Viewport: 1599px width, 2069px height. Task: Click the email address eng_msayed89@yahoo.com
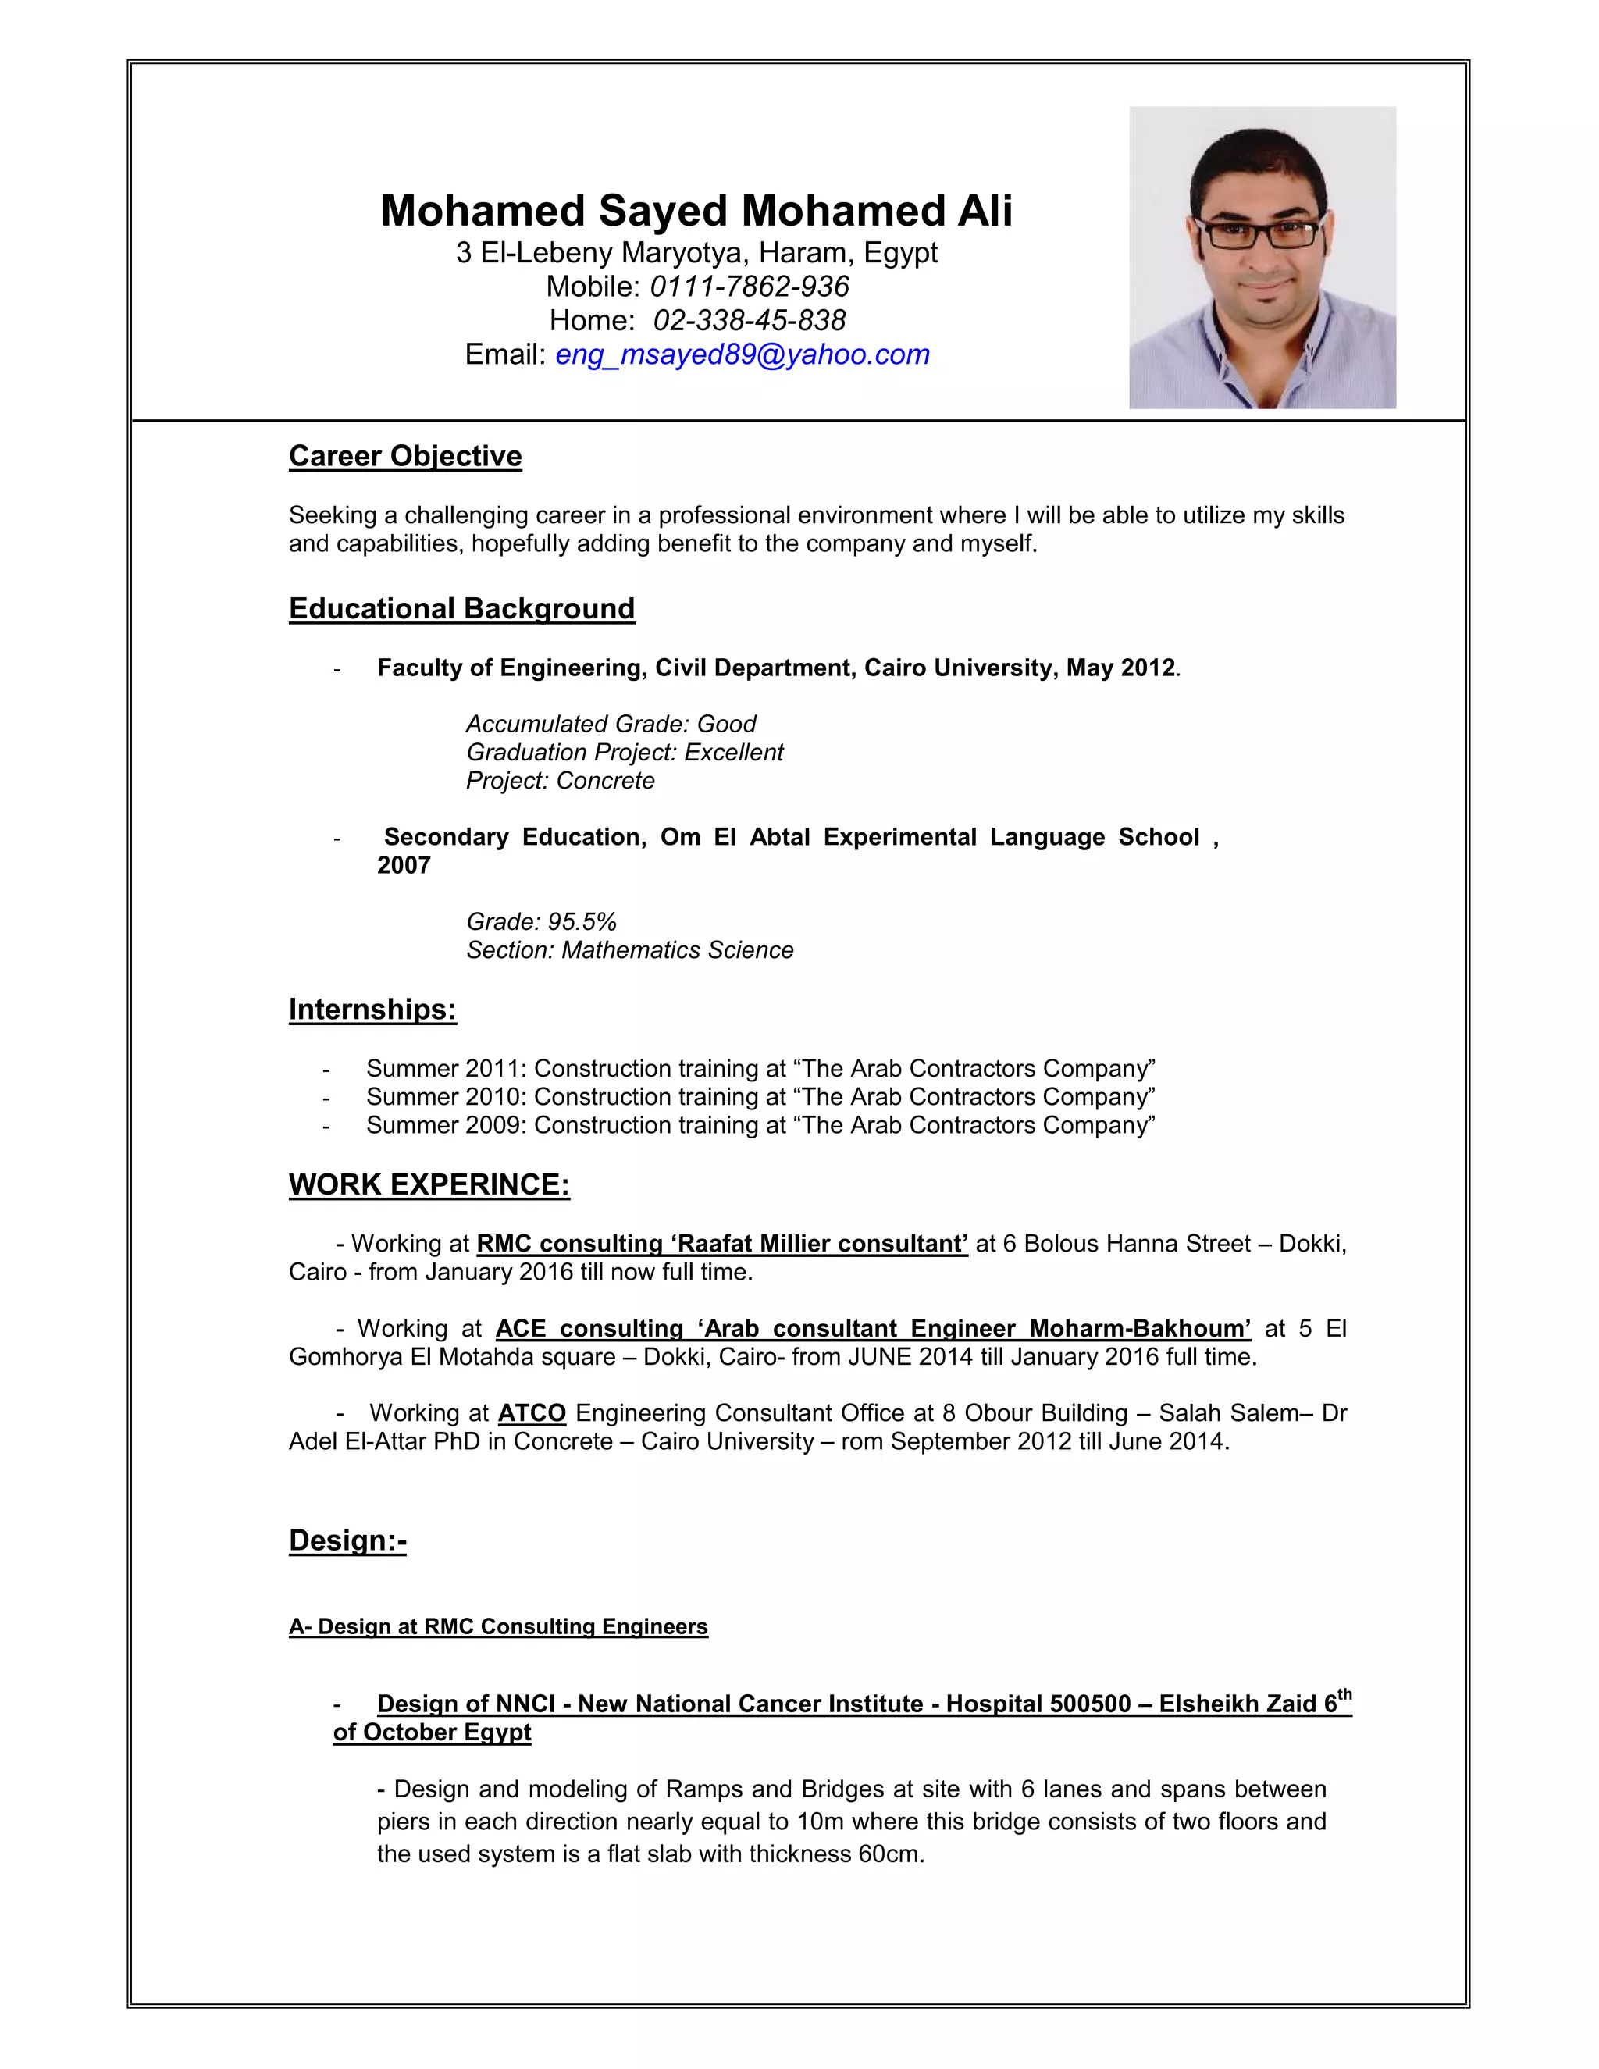click(x=742, y=354)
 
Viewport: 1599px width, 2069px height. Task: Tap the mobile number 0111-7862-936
click(x=750, y=286)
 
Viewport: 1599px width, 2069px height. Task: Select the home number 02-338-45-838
click(x=750, y=320)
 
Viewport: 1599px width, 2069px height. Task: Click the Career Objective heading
click(x=404, y=456)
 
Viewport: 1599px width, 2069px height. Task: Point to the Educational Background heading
click(x=461, y=608)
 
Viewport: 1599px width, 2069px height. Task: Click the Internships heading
click(x=372, y=1010)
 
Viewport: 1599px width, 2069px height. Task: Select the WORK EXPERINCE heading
click(x=429, y=1184)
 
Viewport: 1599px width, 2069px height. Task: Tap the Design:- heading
click(x=347, y=1540)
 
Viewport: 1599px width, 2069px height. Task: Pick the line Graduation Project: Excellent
click(x=625, y=752)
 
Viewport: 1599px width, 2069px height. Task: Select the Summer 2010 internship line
click(x=760, y=1097)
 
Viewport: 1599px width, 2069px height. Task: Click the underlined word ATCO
click(x=532, y=1413)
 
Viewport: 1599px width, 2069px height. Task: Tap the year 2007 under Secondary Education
click(x=404, y=865)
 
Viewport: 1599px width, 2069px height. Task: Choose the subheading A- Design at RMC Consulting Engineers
click(x=498, y=1626)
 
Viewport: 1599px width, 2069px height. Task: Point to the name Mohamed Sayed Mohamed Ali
click(x=696, y=210)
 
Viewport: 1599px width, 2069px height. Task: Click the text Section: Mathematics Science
click(x=630, y=950)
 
